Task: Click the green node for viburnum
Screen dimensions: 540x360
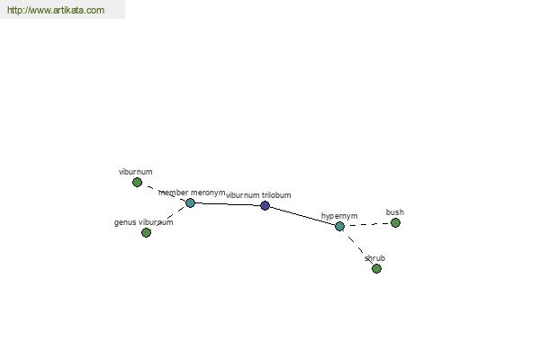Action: click(x=137, y=182)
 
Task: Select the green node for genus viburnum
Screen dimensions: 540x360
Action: click(x=146, y=232)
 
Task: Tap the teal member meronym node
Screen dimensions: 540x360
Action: click(x=191, y=202)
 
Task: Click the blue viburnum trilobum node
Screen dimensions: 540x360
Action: click(x=265, y=206)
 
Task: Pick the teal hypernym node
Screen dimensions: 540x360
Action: click(x=339, y=226)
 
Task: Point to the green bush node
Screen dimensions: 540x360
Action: click(x=395, y=223)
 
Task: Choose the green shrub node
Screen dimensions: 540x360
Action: click(x=377, y=268)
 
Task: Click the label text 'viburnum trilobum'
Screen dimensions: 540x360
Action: click(x=258, y=195)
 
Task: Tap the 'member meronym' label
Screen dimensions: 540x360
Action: click(x=192, y=193)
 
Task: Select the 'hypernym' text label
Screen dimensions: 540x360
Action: click(x=339, y=216)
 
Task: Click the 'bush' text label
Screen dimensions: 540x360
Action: click(x=395, y=212)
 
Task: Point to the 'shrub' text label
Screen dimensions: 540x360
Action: click(x=374, y=258)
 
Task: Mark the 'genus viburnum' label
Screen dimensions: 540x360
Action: click(x=144, y=222)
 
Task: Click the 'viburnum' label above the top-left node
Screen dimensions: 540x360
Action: click(x=135, y=172)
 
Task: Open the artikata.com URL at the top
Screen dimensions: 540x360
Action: click(x=56, y=10)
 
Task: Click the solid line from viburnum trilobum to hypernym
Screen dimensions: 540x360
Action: click(x=302, y=216)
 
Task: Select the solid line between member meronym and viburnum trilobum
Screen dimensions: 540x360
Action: click(x=228, y=204)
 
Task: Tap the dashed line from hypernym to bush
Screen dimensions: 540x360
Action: click(x=367, y=225)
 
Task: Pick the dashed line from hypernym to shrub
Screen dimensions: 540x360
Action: click(x=358, y=247)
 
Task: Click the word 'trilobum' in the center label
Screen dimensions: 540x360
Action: click(x=276, y=195)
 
